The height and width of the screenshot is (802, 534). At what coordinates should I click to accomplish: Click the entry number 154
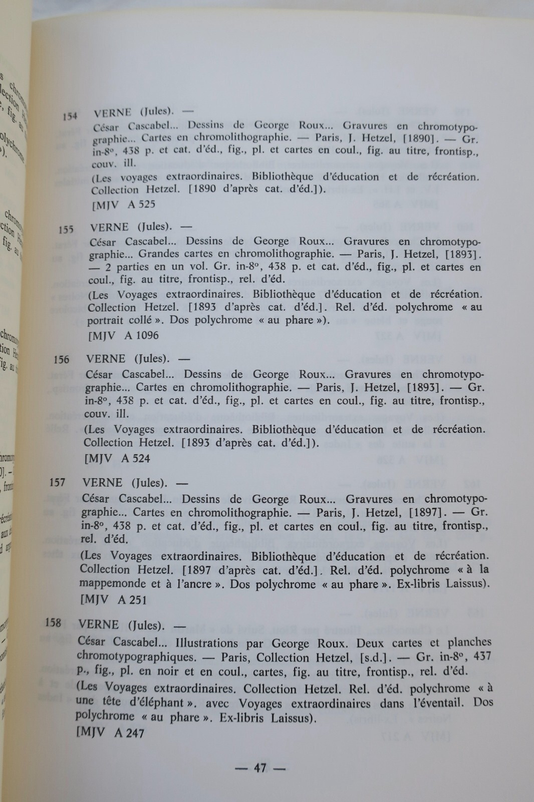click(70, 116)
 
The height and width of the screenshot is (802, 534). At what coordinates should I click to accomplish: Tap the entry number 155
click(66, 230)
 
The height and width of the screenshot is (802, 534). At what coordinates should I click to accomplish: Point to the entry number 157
click(58, 482)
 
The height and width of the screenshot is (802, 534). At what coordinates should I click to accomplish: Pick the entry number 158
click(53, 623)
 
